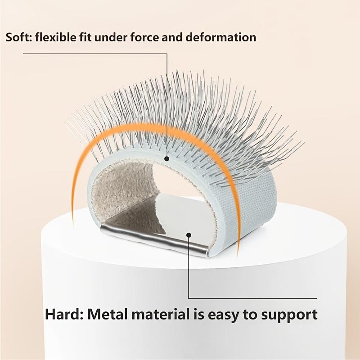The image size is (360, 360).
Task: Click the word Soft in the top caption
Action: (18, 37)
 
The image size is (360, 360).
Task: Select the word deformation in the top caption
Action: (220, 37)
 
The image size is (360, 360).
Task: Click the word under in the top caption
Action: (111, 37)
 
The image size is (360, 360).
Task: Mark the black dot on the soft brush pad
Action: (167, 159)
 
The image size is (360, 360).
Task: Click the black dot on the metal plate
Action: (189, 235)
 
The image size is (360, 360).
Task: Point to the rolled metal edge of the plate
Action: (154, 239)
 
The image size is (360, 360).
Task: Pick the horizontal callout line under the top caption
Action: (95, 54)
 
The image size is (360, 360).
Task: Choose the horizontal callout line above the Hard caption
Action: (252, 298)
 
